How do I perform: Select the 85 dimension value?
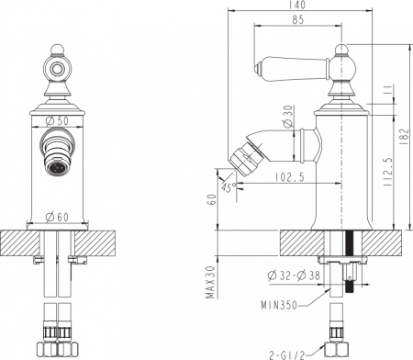(296, 19)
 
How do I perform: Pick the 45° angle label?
(227, 186)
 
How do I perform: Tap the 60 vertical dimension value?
(210, 199)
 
